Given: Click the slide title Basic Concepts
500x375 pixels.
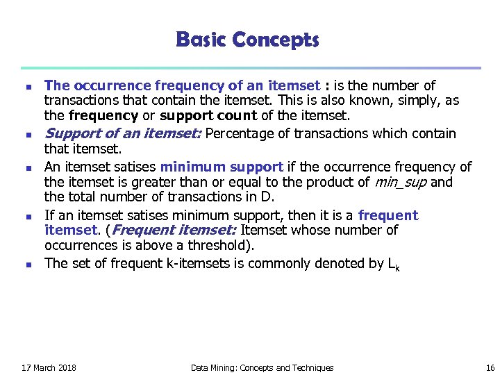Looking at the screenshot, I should click(x=248, y=40).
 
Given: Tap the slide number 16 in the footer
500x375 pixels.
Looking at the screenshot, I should click(x=490, y=367).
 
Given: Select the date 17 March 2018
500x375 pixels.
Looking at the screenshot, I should click(x=49, y=367).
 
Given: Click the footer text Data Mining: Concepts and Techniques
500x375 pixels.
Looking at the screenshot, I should click(x=262, y=367).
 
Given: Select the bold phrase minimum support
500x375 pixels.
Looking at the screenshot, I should click(x=222, y=167).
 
